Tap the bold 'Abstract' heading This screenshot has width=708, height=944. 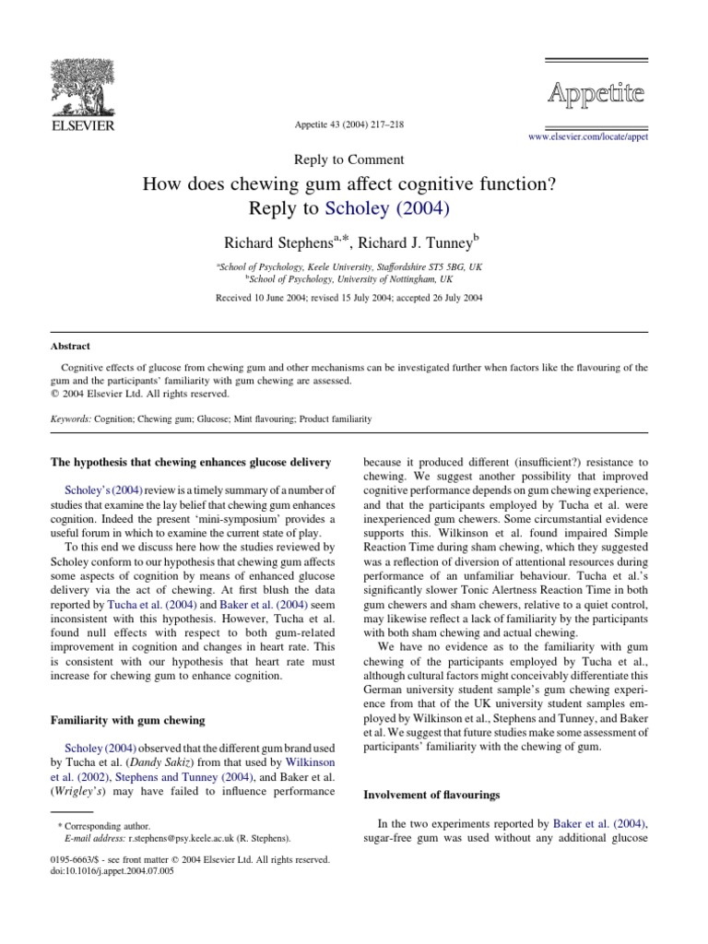pos(70,347)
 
